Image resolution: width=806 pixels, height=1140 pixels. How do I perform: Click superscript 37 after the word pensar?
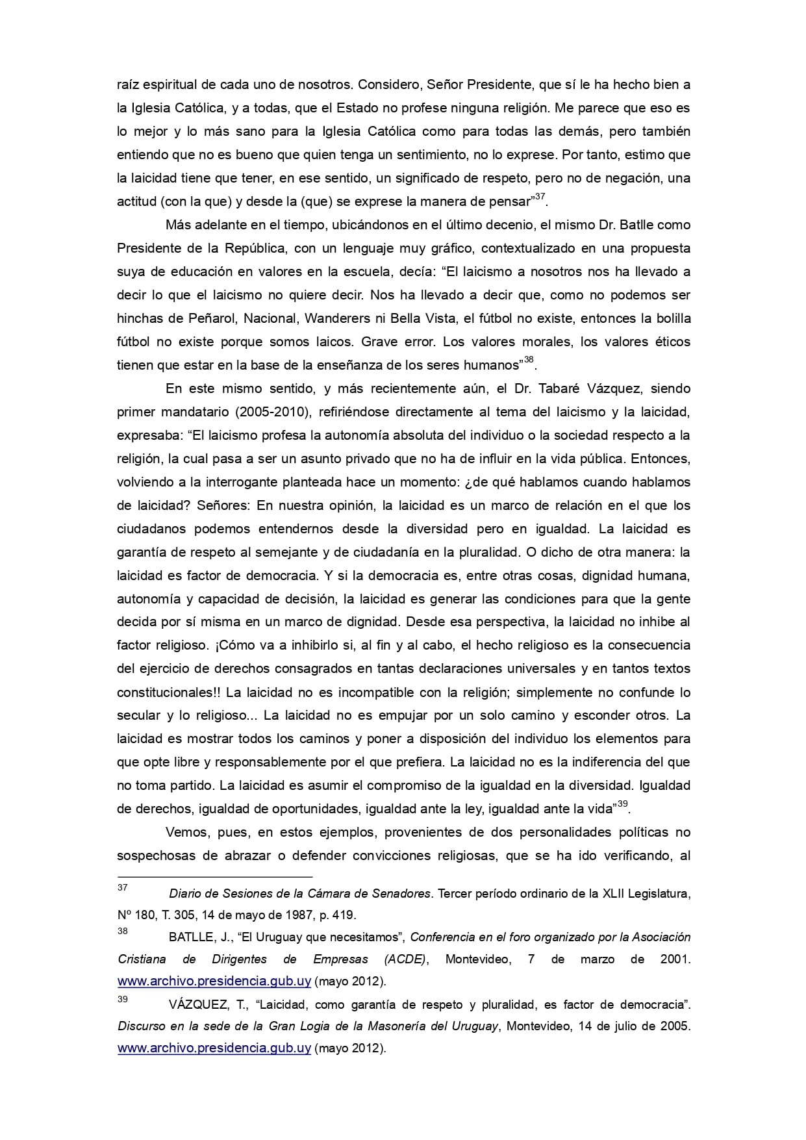click(540, 196)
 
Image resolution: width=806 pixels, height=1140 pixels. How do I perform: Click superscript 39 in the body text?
click(622, 804)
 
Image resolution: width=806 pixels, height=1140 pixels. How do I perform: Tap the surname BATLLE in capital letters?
click(190, 937)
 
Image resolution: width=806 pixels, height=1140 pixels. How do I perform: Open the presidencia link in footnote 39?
click(214, 1048)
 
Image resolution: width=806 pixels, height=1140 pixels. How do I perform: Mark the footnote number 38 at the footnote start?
click(122, 931)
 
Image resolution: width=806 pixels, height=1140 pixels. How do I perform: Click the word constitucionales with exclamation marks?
click(170, 692)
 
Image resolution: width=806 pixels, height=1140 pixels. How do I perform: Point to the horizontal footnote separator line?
click(214, 876)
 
